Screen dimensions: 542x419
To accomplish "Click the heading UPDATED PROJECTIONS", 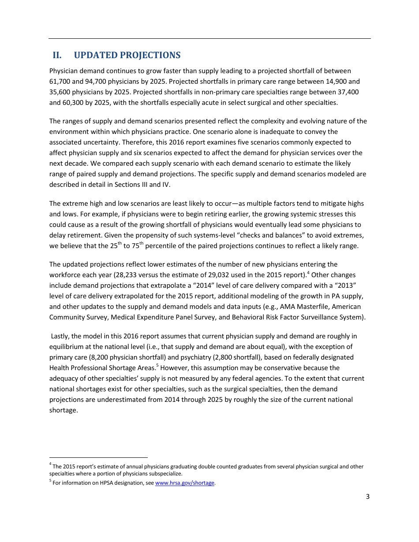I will (x=127, y=55).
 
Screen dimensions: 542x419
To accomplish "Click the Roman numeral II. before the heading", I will (x=57, y=55).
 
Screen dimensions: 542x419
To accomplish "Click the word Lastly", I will (x=62, y=336).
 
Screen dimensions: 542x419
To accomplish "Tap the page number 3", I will (x=367, y=497).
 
